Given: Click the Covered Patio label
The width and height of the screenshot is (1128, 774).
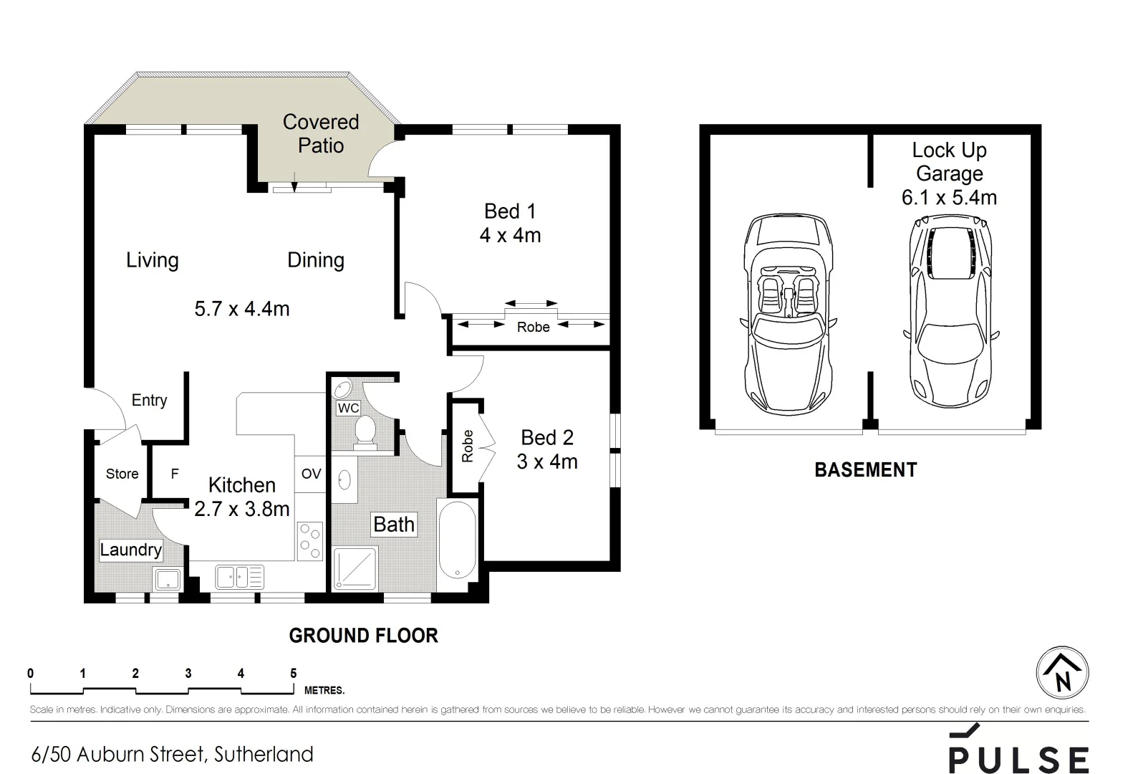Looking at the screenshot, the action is (x=321, y=133).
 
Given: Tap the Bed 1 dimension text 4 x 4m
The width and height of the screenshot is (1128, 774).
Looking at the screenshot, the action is (x=510, y=235).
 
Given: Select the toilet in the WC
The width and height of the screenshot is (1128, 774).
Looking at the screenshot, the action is (x=365, y=432).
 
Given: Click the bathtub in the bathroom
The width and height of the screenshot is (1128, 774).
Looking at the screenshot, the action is (x=457, y=540).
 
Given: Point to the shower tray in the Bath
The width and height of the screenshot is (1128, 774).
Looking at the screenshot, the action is (x=355, y=568).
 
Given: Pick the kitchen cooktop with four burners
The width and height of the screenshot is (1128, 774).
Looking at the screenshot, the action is (x=309, y=541).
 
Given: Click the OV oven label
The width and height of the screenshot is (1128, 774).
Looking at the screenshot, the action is (x=312, y=474).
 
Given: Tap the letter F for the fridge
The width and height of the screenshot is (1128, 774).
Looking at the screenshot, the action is (x=175, y=474).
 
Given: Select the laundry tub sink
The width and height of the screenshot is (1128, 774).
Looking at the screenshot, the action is (x=167, y=579).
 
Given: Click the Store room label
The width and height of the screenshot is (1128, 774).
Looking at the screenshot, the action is (x=122, y=474).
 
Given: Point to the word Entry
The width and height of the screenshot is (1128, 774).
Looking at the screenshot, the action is (x=149, y=401).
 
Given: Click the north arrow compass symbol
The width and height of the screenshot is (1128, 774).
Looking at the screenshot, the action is (x=1062, y=673).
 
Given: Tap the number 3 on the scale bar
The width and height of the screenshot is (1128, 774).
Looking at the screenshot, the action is (x=188, y=673).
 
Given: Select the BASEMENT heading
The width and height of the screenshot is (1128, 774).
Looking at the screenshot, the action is (x=866, y=470).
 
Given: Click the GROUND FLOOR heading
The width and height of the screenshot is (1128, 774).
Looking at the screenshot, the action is (x=364, y=636).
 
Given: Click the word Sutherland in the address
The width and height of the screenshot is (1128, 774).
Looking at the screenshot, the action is (x=264, y=755).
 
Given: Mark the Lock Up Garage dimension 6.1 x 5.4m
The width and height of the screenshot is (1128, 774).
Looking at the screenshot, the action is (x=949, y=198).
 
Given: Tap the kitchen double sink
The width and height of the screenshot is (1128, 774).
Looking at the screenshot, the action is (x=239, y=577).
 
